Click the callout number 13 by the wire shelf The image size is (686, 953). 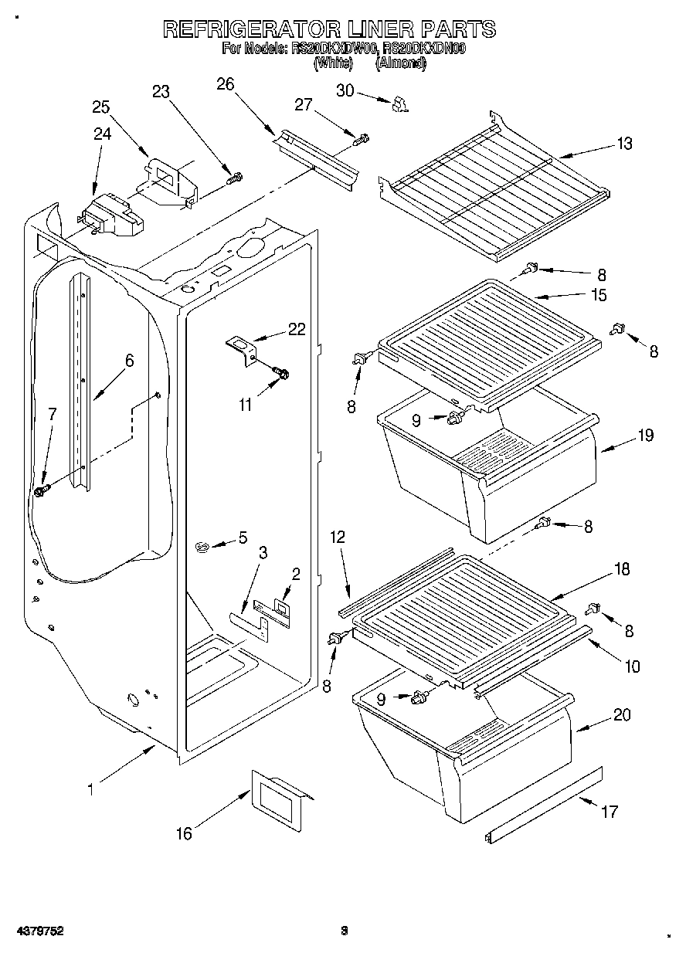(x=624, y=143)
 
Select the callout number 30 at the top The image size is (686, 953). (x=345, y=90)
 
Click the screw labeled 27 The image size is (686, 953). (x=360, y=140)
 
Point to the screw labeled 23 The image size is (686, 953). (x=234, y=178)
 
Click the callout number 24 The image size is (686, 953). (x=102, y=134)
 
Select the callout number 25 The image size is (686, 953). (x=101, y=107)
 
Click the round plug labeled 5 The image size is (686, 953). (x=203, y=547)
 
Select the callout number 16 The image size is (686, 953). (x=184, y=833)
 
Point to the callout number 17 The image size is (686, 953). (x=610, y=811)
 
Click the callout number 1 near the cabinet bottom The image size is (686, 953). (x=90, y=789)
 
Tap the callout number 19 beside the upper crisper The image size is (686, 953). (x=645, y=436)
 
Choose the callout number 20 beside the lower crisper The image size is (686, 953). (x=622, y=715)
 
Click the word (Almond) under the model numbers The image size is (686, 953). (x=400, y=65)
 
